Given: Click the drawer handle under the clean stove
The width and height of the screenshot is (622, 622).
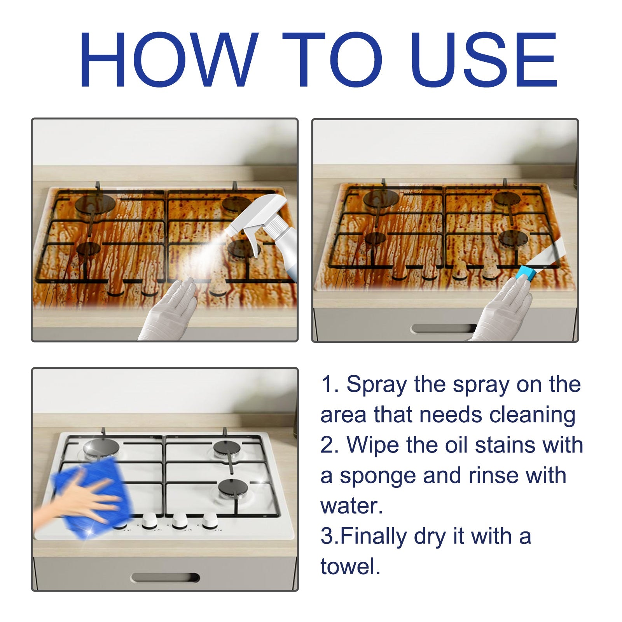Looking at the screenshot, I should (165, 578).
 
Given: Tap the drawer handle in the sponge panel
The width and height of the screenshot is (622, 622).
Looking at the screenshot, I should (443, 329).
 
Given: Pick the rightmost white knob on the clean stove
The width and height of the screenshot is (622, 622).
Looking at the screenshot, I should (210, 520).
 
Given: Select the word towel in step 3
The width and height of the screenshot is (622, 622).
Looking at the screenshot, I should (350, 566).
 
